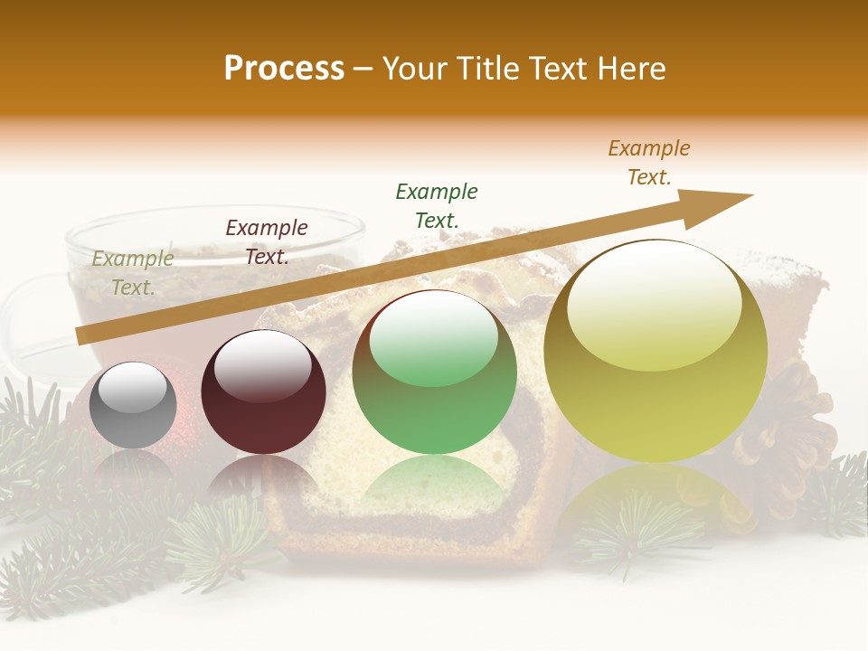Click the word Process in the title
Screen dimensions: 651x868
pyautogui.click(x=284, y=69)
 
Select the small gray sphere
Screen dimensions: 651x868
pyautogui.click(x=133, y=406)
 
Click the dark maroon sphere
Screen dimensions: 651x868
pyautogui.click(x=263, y=394)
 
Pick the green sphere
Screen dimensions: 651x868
pyautogui.click(x=435, y=373)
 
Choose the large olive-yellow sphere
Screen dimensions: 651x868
pyautogui.click(x=656, y=353)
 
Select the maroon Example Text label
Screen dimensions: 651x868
pyautogui.click(x=267, y=242)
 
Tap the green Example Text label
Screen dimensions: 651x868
pyautogui.click(x=437, y=206)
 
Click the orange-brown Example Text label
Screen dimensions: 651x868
pyautogui.click(x=649, y=163)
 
